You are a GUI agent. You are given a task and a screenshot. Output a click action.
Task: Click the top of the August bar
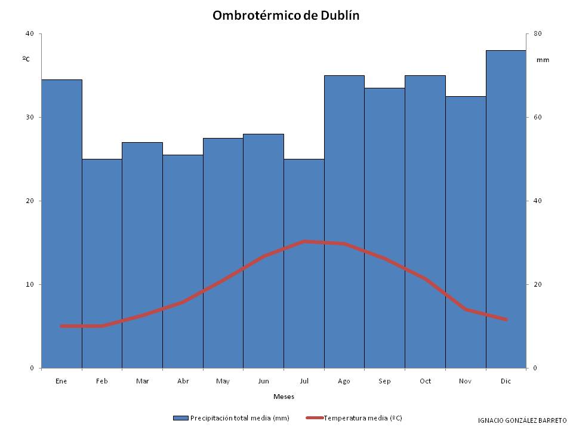[x=344, y=76]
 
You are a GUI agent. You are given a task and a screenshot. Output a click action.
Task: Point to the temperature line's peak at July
[x=304, y=241]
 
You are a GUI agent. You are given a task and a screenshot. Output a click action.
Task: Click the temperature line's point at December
[x=506, y=320]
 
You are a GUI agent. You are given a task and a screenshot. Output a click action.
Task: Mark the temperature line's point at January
[x=61, y=326]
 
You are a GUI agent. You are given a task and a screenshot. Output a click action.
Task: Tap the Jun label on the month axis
[x=263, y=380]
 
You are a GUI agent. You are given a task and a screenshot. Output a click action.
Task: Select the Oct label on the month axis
[x=425, y=380]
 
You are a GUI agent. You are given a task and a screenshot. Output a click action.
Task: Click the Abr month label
[x=183, y=380]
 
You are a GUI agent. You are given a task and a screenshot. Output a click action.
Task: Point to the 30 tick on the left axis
[x=29, y=117]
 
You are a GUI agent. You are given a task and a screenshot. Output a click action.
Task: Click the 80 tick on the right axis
[x=537, y=33]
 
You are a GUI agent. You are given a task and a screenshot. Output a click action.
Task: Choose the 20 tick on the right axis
[x=537, y=284]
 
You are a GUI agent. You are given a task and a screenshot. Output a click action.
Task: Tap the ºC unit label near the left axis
[x=26, y=59]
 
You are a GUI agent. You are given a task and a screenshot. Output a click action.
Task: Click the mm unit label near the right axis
[x=543, y=60]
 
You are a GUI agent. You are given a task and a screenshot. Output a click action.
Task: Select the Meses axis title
[x=284, y=397]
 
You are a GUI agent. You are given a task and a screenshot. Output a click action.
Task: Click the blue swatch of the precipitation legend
[x=181, y=418]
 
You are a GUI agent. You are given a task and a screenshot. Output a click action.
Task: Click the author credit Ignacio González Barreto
[x=522, y=420]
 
